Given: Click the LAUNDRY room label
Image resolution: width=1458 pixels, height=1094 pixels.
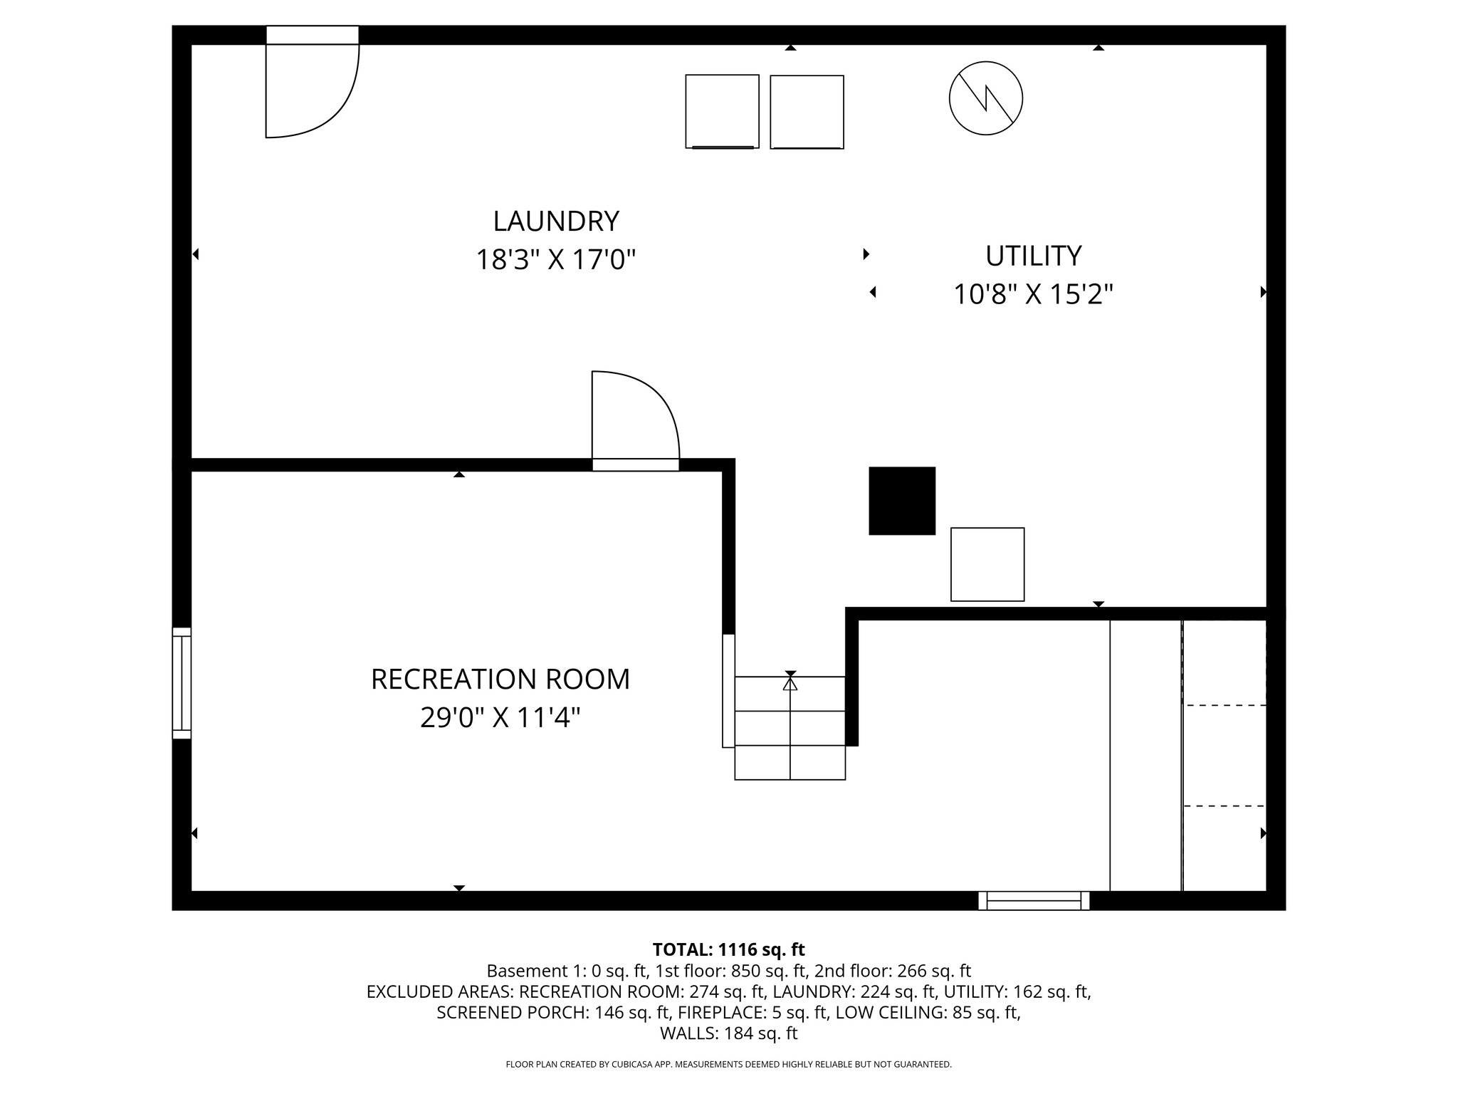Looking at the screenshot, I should pyautogui.click(x=555, y=222).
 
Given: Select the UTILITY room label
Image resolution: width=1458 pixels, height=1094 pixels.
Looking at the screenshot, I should pyautogui.click(x=1033, y=256).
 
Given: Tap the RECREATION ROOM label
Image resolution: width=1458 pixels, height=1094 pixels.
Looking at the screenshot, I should pyautogui.click(x=500, y=679).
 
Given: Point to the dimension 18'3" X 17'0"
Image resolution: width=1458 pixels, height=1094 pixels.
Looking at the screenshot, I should pyautogui.click(x=555, y=260).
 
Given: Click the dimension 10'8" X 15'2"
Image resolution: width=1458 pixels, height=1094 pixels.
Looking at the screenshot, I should pyautogui.click(x=1033, y=294).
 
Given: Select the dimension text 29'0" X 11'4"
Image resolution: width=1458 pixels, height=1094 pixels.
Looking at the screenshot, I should pyautogui.click(x=500, y=718).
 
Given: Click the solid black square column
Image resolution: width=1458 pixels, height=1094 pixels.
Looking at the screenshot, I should pyautogui.click(x=901, y=501).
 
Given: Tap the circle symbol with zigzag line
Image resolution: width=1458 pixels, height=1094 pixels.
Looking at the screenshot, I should pyautogui.click(x=985, y=99).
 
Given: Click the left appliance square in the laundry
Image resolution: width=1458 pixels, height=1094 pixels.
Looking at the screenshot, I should pyautogui.click(x=722, y=111).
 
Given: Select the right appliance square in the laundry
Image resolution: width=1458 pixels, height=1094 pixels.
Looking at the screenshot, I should pyautogui.click(x=807, y=112).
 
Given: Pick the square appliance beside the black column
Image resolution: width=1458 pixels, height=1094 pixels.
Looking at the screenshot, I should pyautogui.click(x=987, y=564).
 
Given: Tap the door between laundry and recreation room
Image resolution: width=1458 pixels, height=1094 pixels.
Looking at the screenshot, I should pyautogui.click(x=635, y=420).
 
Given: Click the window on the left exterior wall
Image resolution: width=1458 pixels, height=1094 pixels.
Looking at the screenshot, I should pyautogui.click(x=182, y=682).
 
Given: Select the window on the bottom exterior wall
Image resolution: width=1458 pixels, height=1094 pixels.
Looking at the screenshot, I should pyautogui.click(x=1033, y=901).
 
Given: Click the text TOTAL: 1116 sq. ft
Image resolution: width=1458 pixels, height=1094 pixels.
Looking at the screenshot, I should pyautogui.click(x=728, y=949).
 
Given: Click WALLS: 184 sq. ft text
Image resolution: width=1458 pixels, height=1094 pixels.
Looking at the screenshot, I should pyautogui.click(x=728, y=1033).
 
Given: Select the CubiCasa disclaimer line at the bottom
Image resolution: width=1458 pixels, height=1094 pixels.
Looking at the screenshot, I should pyautogui.click(x=728, y=1064).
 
